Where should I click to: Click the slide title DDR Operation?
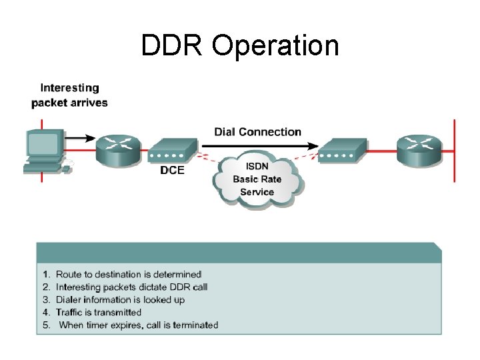point(240,45)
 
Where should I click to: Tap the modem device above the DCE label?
point(173,150)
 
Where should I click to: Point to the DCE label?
point(172,170)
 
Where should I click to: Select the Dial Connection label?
point(257,132)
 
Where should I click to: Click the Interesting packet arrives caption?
point(69,95)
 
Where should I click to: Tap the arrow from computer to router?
point(81,138)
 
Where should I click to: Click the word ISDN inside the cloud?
point(257,167)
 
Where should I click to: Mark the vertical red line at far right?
point(455,151)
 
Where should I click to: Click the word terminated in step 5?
point(195,325)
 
